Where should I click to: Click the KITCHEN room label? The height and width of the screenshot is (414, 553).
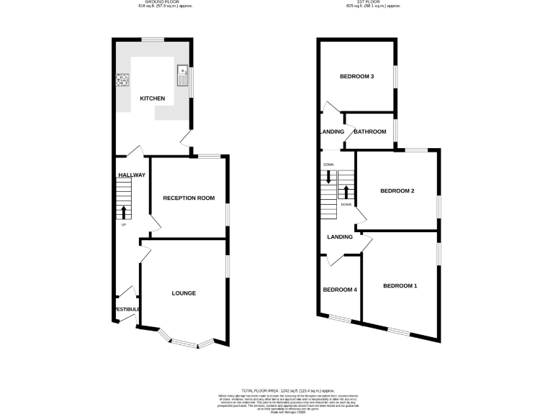152,98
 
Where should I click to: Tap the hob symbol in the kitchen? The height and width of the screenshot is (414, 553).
122,79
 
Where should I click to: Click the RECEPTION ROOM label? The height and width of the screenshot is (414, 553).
189,198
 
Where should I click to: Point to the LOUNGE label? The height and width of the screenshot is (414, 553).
184,293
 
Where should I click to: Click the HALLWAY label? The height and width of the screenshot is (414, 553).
132,175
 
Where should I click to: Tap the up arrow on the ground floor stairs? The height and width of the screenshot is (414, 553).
123,212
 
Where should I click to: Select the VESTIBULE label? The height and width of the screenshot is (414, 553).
127,309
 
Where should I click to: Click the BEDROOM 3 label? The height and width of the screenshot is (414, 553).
356,77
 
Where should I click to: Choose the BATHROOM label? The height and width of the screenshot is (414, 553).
370,132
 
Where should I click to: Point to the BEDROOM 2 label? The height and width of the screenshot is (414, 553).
397,190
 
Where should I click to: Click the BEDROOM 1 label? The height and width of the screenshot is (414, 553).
400,286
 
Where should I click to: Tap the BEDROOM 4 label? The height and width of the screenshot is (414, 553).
340,290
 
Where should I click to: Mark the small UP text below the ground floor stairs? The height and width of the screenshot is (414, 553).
123,225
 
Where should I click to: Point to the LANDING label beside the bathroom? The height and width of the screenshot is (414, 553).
332,132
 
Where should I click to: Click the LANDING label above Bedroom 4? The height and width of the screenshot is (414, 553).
340,236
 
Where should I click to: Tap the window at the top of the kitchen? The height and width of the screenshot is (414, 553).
152,40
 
